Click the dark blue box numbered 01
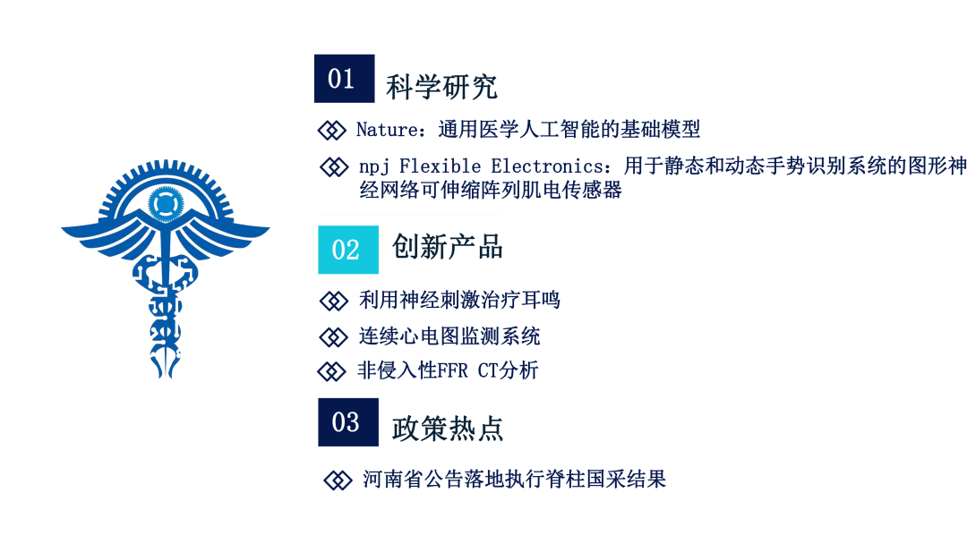pyautogui.click(x=344, y=78)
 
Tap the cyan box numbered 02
pyautogui.click(x=348, y=250)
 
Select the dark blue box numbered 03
pyautogui.click(x=348, y=422)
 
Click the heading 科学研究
pyautogui.click(x=441, y=87)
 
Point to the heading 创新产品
pyautogui.click(x=448, y=247)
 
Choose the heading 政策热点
pyautogui.click(x=448, y=429)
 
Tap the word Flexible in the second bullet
pyautogui.click(x=441, y=166)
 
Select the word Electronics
pyautogui.click(x=547, y=166)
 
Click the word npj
pyautogui.click(x=374, y=167)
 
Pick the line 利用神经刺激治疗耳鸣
pyautogui.click(x=459, y=300)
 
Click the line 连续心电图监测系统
pyautogui.click(x=449, y=336)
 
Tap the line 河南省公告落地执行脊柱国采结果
pyautogui.click(x=514, y=480)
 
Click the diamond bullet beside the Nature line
pyautogui.click(x=332, y=130)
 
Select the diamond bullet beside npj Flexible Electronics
pyautogui.click(x=334, y=167)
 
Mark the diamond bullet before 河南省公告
pyautogui.click(x=338, y=480)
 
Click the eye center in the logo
pyautogui.click(x=166, y=203)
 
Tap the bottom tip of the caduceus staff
pyautogui.click(x=166, y=377)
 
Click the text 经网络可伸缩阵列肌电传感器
pyautogui.click(x=491, y=190)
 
